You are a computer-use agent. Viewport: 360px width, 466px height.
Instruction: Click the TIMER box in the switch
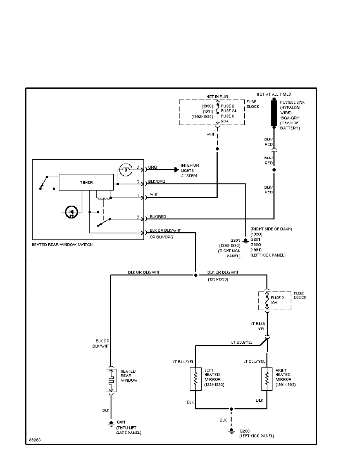pyautogui.click(x=86, y=183)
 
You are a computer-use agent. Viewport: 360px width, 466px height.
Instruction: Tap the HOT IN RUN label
pyautogui.click(x=218, y=96)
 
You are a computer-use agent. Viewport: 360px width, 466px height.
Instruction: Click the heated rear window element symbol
pyautogui.click(x=111, y=380)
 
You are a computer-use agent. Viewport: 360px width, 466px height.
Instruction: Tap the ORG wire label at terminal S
pyautogui.click(x=153, y=167)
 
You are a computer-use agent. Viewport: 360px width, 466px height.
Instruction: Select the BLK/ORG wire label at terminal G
pyautogui.click(x=156, y=182)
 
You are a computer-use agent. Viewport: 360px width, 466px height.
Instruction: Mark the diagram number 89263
pyautogui.click(x=35, y=440)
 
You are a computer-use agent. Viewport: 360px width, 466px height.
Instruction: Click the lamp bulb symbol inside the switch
pyautogui.click(x=124, y=169)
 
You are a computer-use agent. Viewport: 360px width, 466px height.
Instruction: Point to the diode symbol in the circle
pyautogui.click(x=71, y=212)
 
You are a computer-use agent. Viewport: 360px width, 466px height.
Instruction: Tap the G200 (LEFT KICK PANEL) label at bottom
pyautogui.click(x=256, y=433)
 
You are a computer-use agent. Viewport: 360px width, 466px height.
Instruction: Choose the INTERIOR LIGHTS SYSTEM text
pyautogui.click(x=190, y=171)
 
